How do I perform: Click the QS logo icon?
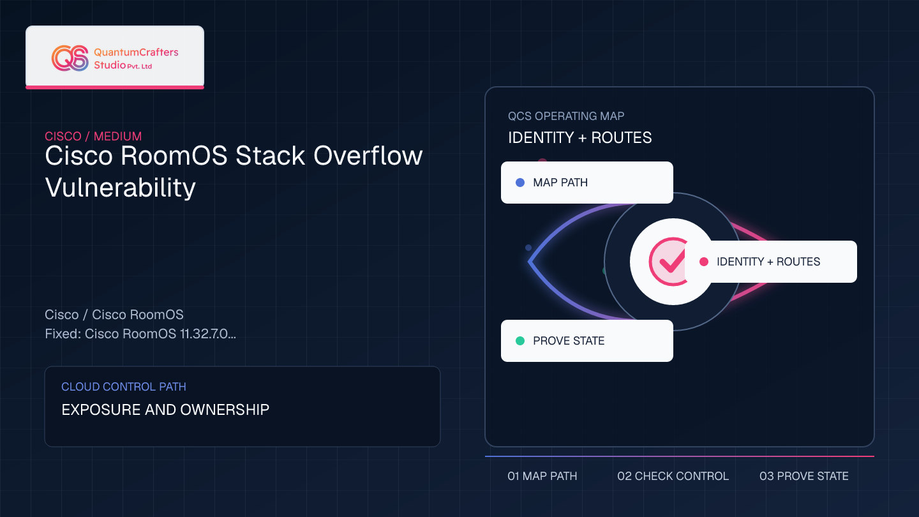[70, 58]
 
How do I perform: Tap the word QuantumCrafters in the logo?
[136, 52]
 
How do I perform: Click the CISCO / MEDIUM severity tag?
[93, 136]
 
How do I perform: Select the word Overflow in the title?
[368, 156]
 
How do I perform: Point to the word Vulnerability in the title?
[120, 188]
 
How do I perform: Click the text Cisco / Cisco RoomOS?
[114, 315]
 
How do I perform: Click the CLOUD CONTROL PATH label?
[124, 387]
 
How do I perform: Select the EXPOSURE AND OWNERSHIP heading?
[165, 410]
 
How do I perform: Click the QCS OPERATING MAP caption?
[566, 116]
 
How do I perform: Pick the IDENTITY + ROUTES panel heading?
[579, 137]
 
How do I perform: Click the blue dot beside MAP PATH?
[519, 183]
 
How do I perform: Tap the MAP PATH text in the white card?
[560, 183]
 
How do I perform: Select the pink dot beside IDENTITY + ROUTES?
[703, 262]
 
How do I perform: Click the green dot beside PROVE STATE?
[519, 341]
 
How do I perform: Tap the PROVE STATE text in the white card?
[569, 341]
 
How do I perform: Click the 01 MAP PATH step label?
[542, 476]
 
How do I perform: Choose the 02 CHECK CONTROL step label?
[673, 476]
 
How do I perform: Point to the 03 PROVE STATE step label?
[803, 476]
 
